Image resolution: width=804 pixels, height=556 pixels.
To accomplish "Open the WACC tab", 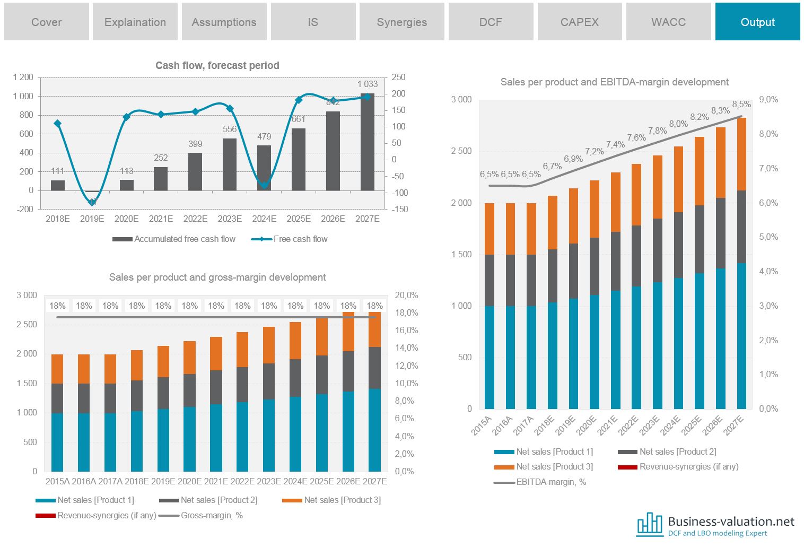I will (x=668, y=22).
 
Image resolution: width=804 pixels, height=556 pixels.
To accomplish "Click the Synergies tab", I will (x=401, y=22).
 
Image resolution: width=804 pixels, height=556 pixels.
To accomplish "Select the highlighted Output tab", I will (x=757, y=22).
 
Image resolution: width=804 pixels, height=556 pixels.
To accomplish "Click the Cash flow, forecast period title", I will (x=217, y=65).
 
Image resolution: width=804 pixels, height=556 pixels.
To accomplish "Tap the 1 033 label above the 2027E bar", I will (x=368, y=84).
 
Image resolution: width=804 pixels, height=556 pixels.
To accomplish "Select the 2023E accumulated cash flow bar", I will (x=230, y=164).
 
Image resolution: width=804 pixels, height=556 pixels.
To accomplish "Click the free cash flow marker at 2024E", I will (x=264, y=185).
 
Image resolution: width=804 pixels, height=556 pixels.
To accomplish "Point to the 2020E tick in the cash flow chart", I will (x=126, y=219).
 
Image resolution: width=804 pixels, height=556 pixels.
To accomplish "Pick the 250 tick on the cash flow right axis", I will (x=398, y=77).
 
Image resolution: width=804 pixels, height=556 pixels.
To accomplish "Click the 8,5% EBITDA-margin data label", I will (x=741, y=105).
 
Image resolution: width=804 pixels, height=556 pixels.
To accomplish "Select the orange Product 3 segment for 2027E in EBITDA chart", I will (x=741, y=154).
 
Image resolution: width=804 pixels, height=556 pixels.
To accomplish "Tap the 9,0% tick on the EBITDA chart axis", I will (x=768, y=100).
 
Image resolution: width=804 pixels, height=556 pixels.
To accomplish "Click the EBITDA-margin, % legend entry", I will (x=550, y=482).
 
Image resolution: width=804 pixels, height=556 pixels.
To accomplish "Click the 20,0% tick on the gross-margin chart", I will (x=406, y=296).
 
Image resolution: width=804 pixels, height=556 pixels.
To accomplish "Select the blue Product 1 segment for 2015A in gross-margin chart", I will (x=57, y=442).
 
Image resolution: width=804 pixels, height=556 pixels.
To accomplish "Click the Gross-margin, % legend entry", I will (x=212, y=516).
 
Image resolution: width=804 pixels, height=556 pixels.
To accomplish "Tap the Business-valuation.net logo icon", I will (x=650, y=524).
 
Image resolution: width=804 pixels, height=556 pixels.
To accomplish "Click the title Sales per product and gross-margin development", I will (x=217, y=277).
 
